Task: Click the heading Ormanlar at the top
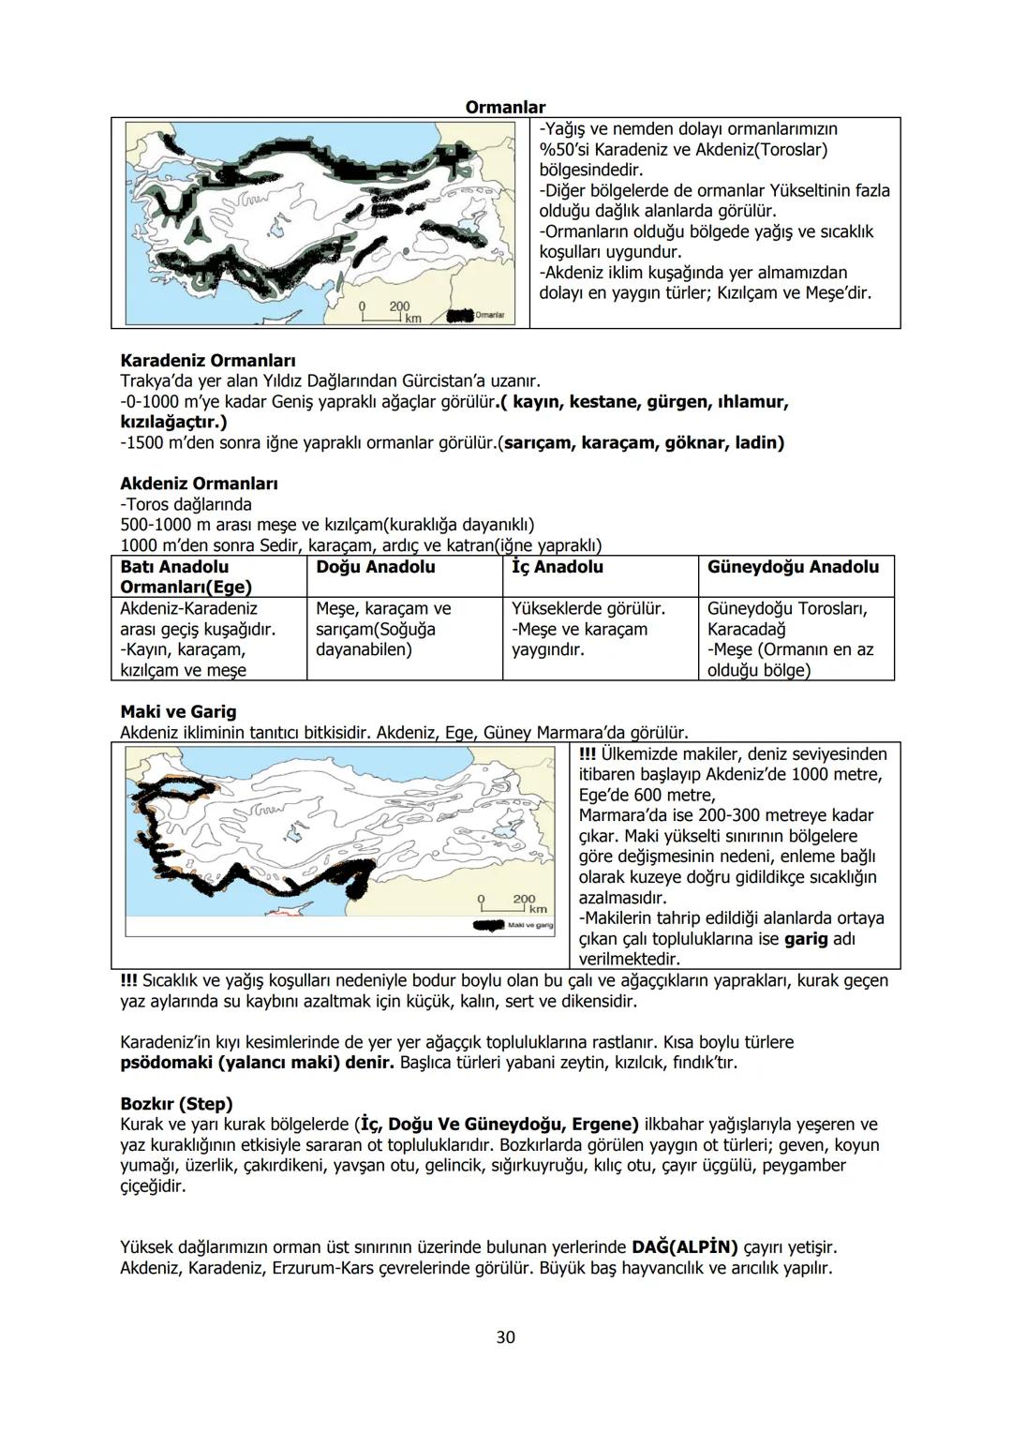pos(505,108)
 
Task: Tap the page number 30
pos(505,1337)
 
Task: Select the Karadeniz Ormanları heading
pos(208,361)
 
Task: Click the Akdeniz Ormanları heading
pos(199,484)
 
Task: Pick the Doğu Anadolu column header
pos(376,567)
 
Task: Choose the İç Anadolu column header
pos(558,567)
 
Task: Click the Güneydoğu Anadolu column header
pos(793,567)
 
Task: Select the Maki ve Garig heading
pos(178,711)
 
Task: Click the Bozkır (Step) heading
pos(176,1104)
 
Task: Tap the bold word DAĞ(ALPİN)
pos(684,1247)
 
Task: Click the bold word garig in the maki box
pos(806,939)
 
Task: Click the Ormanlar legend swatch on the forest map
pos(460,316)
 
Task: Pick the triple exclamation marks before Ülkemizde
pos(588,754)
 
